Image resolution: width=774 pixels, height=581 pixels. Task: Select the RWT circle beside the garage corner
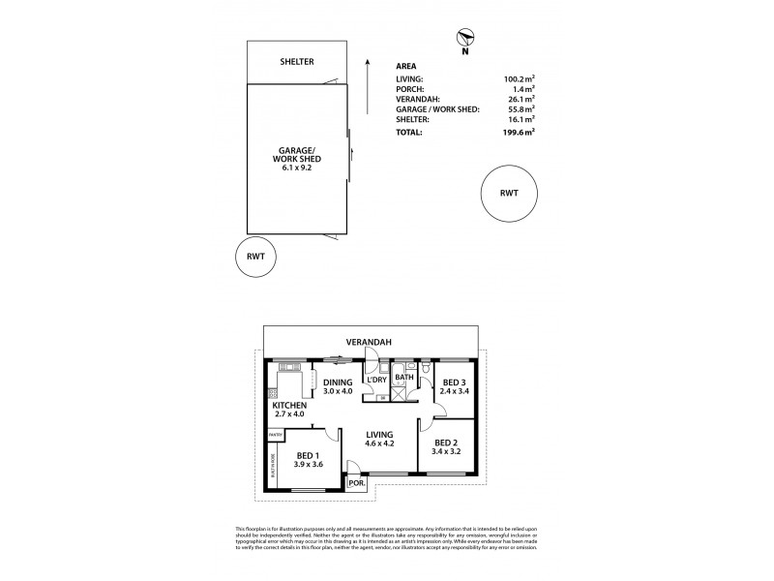click(x=255, y=258)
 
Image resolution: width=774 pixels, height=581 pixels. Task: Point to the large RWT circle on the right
click(x=509, y=194)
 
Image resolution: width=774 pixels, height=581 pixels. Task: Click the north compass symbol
click(x=464, y=39)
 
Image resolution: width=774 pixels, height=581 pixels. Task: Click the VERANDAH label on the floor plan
click(x=372, y=340)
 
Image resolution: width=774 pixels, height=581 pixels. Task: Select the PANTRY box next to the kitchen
click(x=276, y=436)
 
